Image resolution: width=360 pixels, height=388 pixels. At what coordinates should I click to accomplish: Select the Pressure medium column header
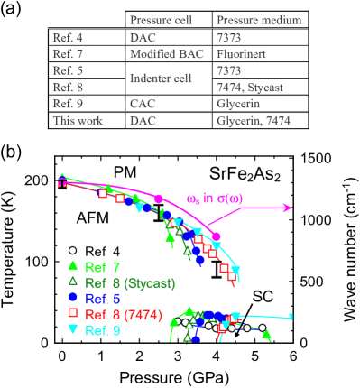(x=259, y=20)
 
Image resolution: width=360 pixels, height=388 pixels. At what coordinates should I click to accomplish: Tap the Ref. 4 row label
(x=69, y=37)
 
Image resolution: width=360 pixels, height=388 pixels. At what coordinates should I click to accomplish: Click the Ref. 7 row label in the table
(x=69, y=54)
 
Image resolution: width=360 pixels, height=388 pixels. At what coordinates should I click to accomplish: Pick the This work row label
(x=78, y=121)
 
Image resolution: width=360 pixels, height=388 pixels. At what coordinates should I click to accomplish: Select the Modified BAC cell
(x=167, y=54)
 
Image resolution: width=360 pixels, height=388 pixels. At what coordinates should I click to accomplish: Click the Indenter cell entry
(x=161, y=79)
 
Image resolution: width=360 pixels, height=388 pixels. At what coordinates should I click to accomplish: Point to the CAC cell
(x=143, y=104)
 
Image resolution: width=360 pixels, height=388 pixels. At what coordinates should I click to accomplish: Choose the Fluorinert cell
(x=241, y=54)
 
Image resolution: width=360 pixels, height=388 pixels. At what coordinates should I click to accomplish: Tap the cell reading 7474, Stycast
(x=252, y=88)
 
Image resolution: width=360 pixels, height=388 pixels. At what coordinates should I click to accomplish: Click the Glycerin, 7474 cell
(x=254, y=121)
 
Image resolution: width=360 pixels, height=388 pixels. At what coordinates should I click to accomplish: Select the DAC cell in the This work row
(x=143, y=121)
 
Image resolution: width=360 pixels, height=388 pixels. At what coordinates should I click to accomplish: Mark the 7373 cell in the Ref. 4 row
(x=230, y=37)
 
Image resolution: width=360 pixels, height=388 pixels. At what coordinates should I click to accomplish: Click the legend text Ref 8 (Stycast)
(x=130, y=283)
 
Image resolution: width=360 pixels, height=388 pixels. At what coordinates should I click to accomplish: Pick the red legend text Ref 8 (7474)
(x=124, y=314)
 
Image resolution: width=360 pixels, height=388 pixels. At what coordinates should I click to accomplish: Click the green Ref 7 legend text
(x=103, y=267)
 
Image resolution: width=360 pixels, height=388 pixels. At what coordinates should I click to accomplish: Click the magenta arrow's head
(x=289, y=208)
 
